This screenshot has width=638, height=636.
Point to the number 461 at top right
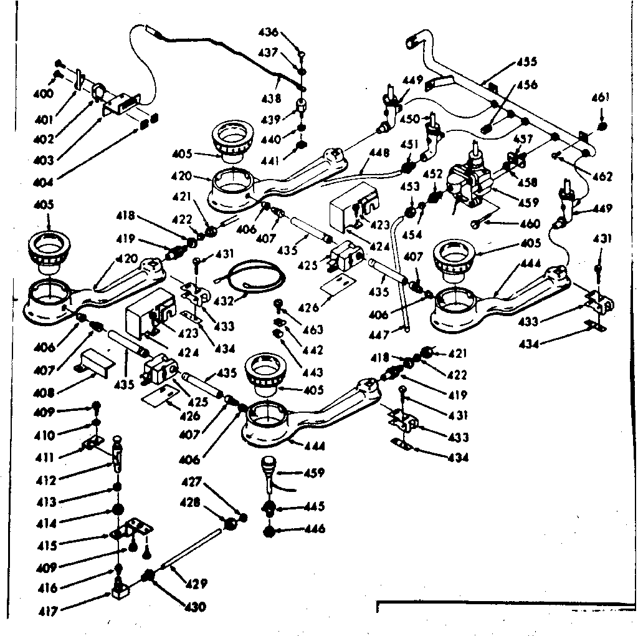[x=601, y=97]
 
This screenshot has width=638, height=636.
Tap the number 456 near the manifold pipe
[x=526, y=85]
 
